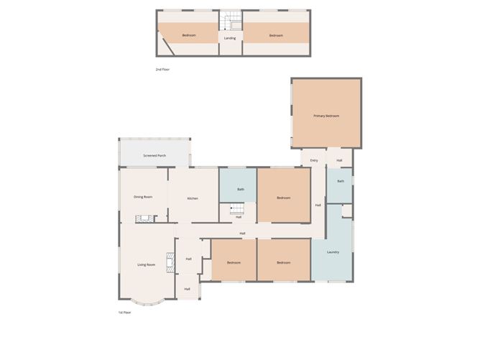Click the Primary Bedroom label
[326, 116]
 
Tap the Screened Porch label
[154, 155]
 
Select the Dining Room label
[143, 197]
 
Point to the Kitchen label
[193, 198]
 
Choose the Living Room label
[147, 264]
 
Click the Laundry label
[333, 252]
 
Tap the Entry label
[314, 160]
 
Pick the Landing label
[230, 38]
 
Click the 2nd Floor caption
[162, 69]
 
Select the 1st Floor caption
[124, 313]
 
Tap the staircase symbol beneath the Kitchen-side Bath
[237, 208]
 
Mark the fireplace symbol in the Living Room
[170, 263]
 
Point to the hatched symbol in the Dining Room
[147, 219]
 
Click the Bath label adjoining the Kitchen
[241, 190]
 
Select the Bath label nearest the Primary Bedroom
[341, 181]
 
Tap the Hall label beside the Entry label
[339, 160]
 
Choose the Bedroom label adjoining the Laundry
[284, 262]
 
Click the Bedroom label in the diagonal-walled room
[189, 36]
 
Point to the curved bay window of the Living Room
[147, 303]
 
